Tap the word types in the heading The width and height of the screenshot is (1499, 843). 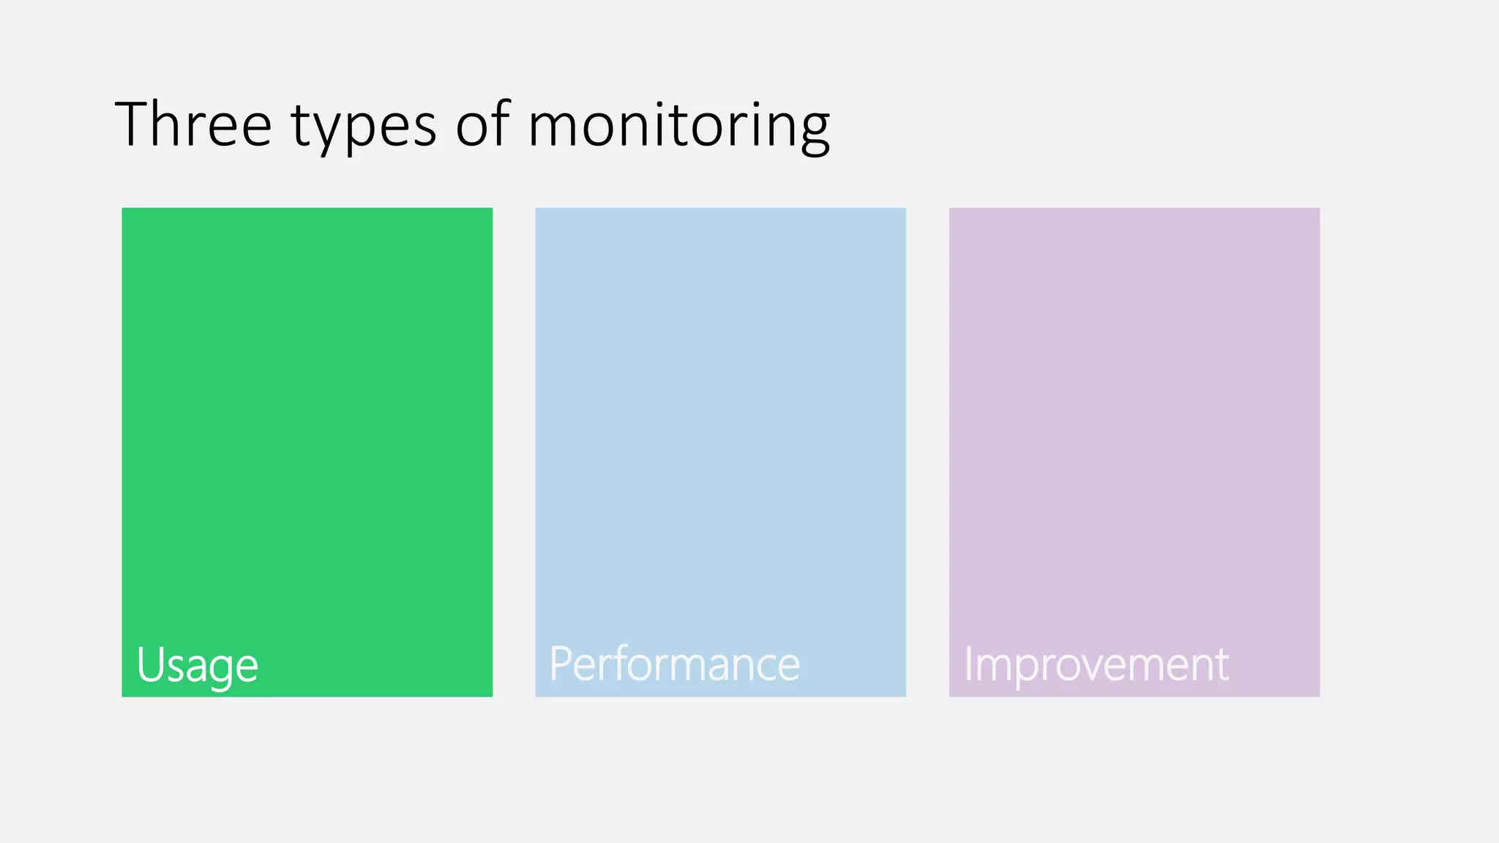[364, 126]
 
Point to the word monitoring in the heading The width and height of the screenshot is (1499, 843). [679, 126]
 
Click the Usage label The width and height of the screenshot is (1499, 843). [197, 665]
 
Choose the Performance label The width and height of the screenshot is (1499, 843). [674, 664]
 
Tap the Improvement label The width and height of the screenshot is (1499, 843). [1096, 664]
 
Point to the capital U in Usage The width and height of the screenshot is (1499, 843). [149, 664]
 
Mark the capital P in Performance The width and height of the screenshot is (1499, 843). [560, 663]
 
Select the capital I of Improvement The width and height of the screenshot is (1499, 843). [968, 663]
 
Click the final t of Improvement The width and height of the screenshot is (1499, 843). [1221, 664]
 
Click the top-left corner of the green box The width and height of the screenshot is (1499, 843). [122, 209]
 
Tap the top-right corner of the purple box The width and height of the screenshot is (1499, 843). [1319, 209]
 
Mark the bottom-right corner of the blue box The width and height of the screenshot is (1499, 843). [905, 696]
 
